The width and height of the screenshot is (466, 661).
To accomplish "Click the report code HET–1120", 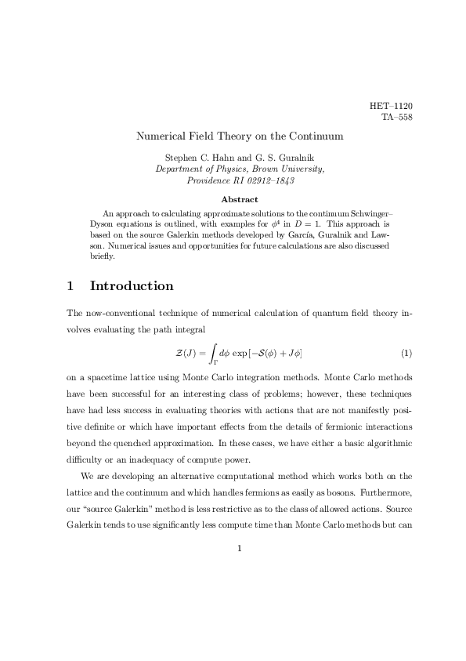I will click(391, 106).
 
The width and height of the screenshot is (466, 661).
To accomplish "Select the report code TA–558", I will click(396, 118).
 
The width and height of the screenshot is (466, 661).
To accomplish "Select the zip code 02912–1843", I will click(268, 180).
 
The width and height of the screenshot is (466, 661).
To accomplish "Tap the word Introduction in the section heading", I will click(132, 286).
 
